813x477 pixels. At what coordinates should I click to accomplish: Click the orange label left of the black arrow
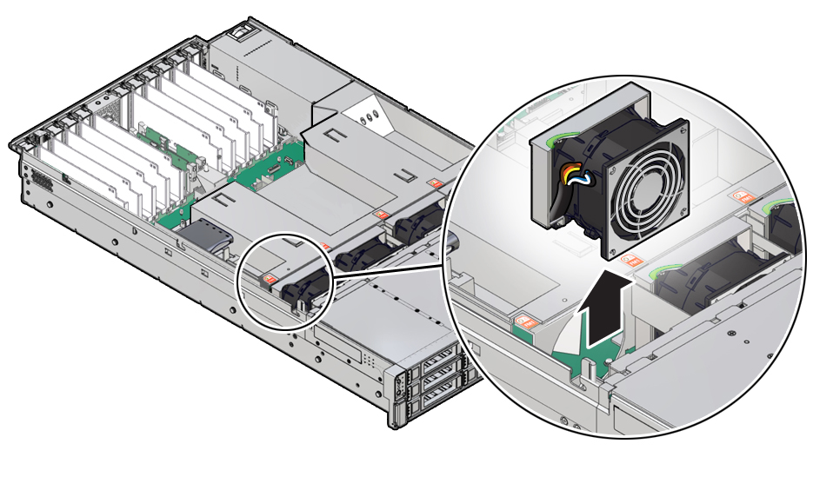pos(524,321)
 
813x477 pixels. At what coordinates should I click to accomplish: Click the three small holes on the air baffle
pos(369,114)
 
